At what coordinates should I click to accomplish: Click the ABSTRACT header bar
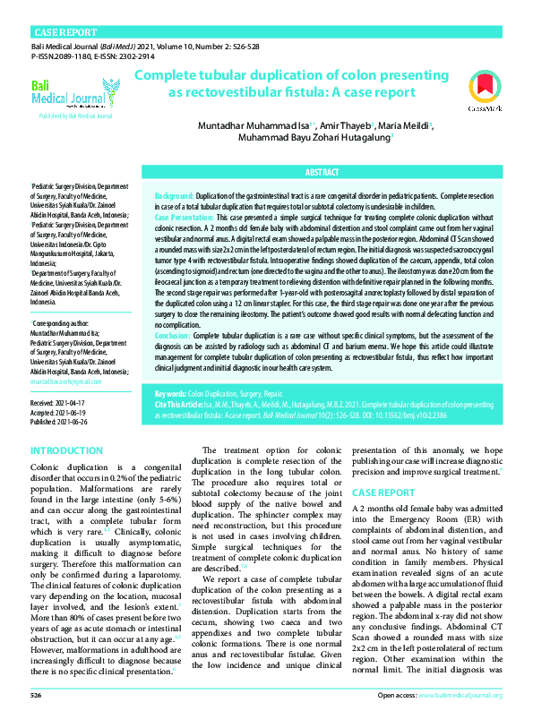[322, 172]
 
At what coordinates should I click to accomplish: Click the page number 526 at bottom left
[36, 695]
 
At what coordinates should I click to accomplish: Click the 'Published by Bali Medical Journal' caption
[75, 116]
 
